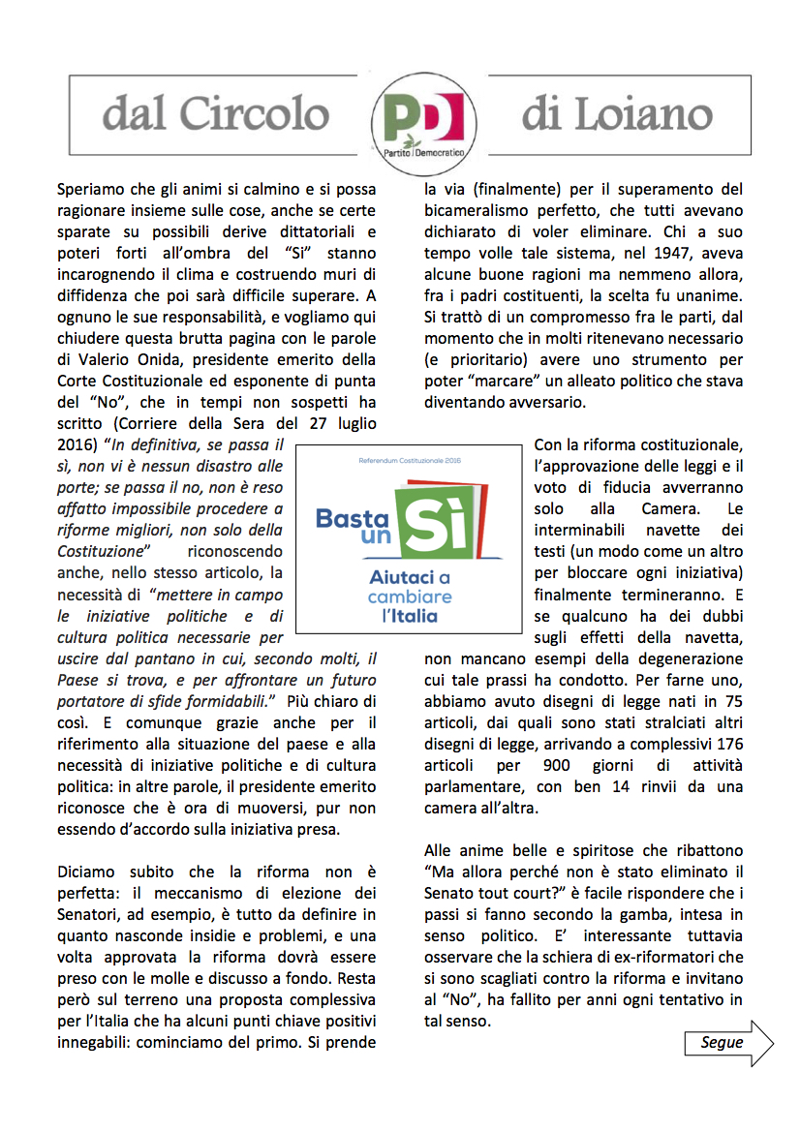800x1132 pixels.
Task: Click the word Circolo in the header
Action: point(264,113)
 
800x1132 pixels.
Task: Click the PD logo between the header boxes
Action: point(423,121)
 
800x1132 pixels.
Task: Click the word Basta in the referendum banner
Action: point(352,518)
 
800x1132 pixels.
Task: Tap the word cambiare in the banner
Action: point(410,597)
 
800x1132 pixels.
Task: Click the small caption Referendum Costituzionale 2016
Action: point(408,461)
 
